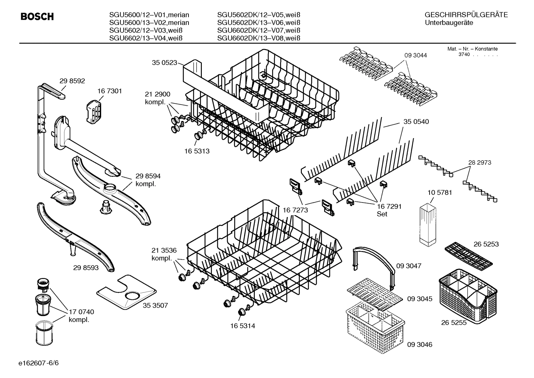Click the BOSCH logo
37,17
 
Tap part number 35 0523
164,63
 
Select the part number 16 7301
110,91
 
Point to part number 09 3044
415,55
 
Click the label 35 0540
416,122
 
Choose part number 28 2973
480,162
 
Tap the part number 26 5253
486,244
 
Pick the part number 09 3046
420,345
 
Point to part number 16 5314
243,326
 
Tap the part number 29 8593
86,267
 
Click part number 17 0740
81,312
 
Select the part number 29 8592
72,80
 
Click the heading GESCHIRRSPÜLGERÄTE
466,15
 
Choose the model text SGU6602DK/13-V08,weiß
258,38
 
